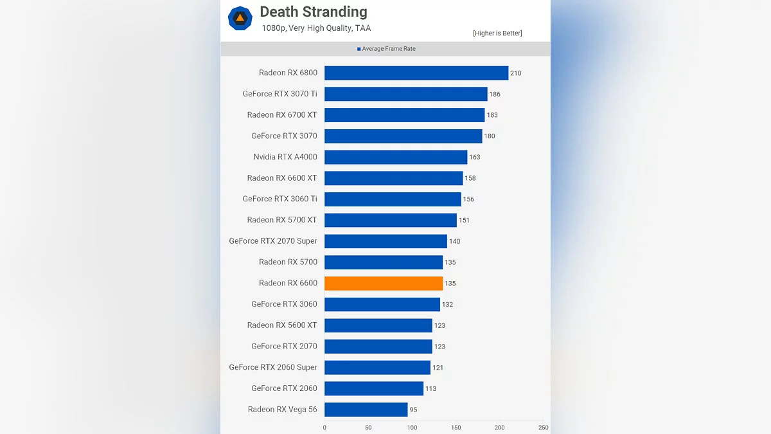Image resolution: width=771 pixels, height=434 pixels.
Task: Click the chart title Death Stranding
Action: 314,12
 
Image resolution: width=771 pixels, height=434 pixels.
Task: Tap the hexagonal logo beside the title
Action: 240,18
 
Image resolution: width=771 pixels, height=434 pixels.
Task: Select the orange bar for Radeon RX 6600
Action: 384,284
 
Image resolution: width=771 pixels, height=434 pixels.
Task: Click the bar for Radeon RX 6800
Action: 416,73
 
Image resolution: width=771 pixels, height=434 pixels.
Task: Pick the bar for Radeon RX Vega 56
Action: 366,410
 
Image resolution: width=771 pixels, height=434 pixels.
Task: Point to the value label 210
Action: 515,73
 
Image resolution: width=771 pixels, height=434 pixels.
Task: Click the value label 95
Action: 414,410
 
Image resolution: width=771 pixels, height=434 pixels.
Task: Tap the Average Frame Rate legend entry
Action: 387,49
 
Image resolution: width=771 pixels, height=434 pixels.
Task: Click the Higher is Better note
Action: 497,33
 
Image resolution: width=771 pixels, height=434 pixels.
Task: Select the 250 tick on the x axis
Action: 544,428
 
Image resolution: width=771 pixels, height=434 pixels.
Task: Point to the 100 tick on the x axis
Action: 412,428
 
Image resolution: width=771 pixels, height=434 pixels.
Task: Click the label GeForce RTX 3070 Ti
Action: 279,94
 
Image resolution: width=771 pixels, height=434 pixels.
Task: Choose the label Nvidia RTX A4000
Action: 285,157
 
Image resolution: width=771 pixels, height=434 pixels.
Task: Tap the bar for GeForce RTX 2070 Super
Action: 385,241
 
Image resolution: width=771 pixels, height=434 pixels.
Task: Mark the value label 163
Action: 475,157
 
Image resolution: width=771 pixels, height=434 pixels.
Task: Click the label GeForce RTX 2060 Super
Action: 273,367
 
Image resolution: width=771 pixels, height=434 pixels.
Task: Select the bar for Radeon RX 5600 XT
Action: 378,325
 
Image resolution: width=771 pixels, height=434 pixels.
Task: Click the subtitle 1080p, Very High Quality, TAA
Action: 316,28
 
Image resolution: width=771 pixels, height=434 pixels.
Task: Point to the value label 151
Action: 464,221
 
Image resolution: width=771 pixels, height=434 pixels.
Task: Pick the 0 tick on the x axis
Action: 324,428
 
